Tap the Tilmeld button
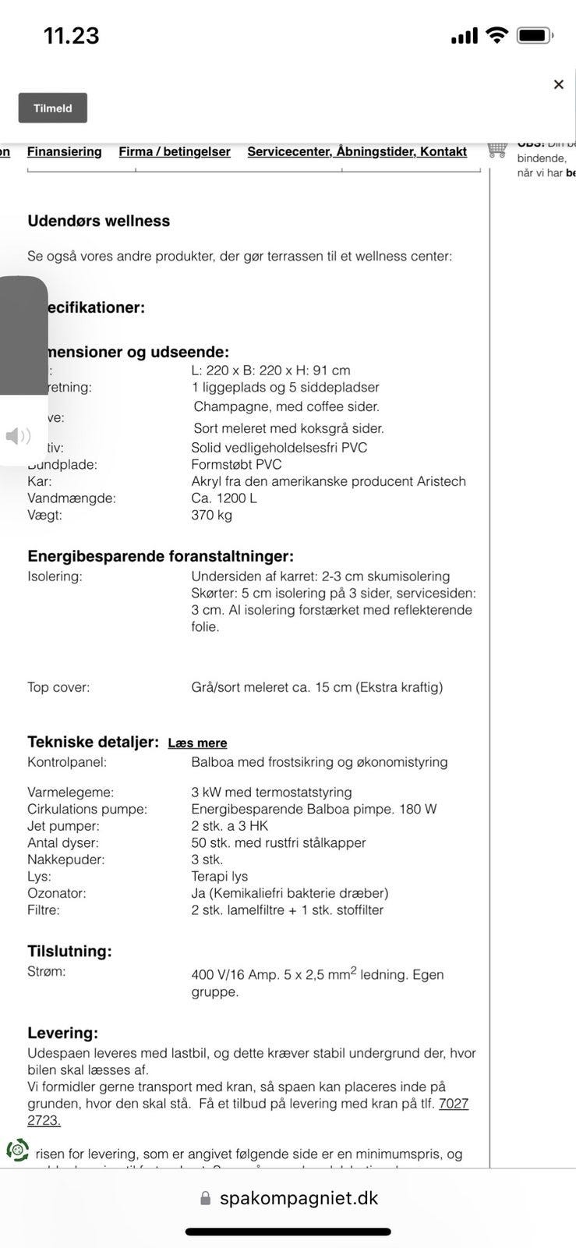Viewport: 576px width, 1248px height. click(x=53, y=108)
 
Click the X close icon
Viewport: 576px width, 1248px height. click(x=558, y=84)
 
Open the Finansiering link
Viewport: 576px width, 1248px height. click(x=65, y=151)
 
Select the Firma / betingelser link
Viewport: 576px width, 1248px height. click(x=175, y=151)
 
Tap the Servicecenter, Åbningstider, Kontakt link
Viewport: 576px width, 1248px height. click(x=357, y=151)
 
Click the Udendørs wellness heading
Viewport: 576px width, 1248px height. click(x=99, y=221)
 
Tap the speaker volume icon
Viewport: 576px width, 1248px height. click(x=18, y=436)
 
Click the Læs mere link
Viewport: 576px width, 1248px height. click(x=197, y=743)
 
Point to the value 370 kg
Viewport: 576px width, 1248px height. click(x=212, y=515)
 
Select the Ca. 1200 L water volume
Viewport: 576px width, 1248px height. click(x=224, y=498)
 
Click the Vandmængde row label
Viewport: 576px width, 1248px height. click(x=72, y=498)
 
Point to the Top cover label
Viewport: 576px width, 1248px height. click(x=58, y=687)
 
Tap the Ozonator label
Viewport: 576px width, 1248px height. click(x=57, y=893)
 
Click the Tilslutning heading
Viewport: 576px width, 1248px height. click(x=70, y=951)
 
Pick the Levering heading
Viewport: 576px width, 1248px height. click(x=63, y=1033)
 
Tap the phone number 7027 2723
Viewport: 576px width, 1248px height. click(x=453, y=1104)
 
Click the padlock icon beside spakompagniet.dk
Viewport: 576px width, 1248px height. click(x=206, y=1198)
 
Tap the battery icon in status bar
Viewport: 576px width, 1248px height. click(x=535, y=35)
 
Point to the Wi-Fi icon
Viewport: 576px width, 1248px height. click(x=496, y=35)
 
